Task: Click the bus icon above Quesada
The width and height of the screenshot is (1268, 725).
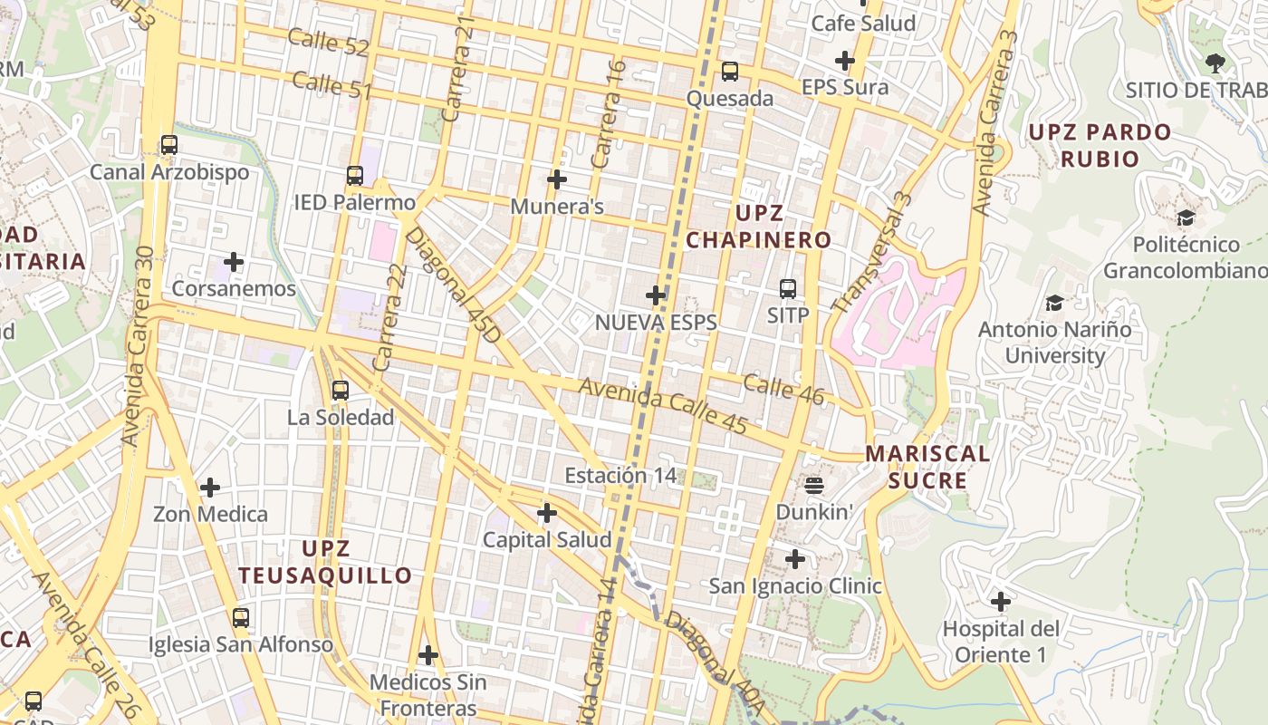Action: coord(729,72)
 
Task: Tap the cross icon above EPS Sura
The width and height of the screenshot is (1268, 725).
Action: coord(845,61)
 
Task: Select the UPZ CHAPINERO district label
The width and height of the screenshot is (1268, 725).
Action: coord(758,227)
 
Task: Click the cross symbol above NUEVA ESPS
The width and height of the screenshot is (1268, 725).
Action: coord(656,295)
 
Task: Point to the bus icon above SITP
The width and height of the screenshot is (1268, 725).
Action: coord(788,289)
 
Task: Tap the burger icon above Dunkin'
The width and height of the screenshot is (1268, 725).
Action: coord(813,486)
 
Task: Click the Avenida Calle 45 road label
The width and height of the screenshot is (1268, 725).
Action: coord(662,405)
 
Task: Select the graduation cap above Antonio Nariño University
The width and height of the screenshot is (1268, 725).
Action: coord(1054,304)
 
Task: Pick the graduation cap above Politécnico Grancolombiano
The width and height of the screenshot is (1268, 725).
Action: coord(1185,218)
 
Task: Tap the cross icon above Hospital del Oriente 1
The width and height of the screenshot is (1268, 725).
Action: coord(1001,601)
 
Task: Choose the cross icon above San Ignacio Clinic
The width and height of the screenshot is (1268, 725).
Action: coord(794,559)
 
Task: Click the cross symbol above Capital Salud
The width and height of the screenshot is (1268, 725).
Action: coord(547,513)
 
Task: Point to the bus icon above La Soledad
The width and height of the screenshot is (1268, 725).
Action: coord(341,391)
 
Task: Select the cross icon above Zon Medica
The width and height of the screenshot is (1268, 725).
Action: coord(210,488)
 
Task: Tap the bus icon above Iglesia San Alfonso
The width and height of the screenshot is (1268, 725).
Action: coord(241,618)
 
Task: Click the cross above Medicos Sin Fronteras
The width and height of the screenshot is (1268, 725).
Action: coord(428,654)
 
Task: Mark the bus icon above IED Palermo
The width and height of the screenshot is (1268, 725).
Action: coord(355,176)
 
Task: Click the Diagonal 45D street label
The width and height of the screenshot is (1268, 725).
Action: coord(452,285)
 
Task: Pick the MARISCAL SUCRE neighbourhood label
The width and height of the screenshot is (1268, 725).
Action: coord(927,467)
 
